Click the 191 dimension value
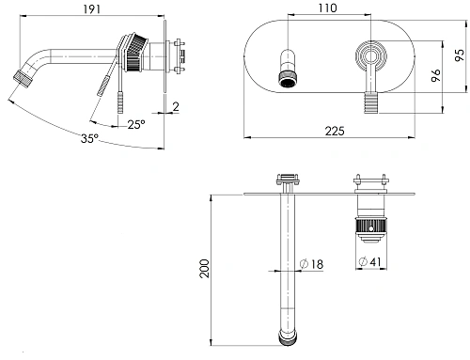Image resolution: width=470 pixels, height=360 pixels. coord(92,9)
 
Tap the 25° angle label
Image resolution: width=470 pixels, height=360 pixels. coord(136,124)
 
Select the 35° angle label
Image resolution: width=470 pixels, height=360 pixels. coord(89,138)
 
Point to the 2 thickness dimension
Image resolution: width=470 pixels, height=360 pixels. coord(176,107)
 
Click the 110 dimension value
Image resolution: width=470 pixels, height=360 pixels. coord(328,8)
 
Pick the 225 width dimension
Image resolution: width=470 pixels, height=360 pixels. coord(335,131)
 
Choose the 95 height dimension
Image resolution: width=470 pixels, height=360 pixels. coord(460,55)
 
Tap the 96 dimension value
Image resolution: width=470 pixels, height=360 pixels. coord(436,75)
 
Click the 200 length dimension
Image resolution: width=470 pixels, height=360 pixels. coord(204,268)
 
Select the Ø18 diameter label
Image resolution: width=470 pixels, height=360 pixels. coord(311,264)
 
